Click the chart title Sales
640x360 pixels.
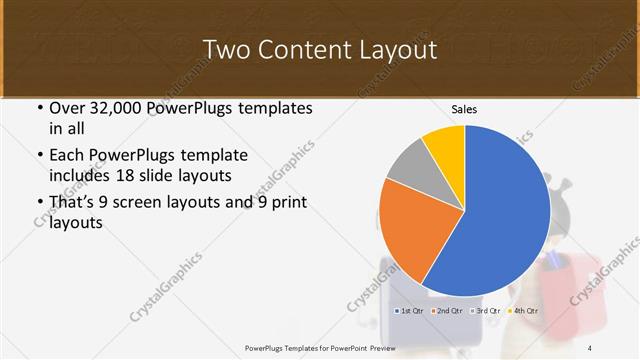(464, 108)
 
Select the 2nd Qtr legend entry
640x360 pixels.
(446, 312)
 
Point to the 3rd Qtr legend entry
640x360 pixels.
(485, 312)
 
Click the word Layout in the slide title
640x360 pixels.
(395, 49)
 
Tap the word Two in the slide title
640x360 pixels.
(227, 49)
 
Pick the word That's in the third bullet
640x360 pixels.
(74, 203)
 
